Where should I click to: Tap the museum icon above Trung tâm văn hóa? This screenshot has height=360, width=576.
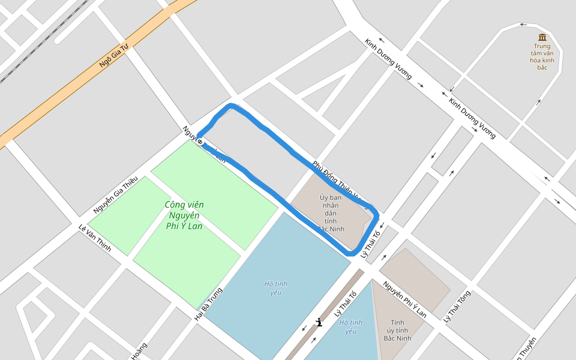click(x=542, y=37)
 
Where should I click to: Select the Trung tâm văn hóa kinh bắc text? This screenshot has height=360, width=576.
click(x=542, y=56)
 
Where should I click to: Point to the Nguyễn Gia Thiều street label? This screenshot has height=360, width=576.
click(x=116, y=194)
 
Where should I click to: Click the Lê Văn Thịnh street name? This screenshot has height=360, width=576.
click(x=95, y=238)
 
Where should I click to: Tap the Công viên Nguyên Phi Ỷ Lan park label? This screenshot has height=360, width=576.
click(x=184, y=215)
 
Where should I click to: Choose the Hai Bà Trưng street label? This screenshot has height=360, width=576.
click(x=209, y=303)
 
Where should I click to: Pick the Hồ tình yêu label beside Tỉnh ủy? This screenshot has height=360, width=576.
click(x=351, y=326)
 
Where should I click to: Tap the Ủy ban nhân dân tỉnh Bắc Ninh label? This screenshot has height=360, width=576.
click(x=331, y=213)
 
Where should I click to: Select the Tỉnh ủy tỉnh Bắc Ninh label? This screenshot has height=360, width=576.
click(x=397, y=331)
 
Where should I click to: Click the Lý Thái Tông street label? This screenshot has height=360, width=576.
click(x=457, y=306)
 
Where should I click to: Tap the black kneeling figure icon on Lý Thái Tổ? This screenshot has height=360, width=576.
click(x=319, y=323)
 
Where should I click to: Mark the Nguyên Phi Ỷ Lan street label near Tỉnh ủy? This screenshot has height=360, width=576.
click(x=405, y=299)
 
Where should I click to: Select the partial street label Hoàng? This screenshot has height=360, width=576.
click(x=139, y=351)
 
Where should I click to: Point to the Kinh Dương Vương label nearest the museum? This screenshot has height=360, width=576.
click(x=472, y=118)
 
